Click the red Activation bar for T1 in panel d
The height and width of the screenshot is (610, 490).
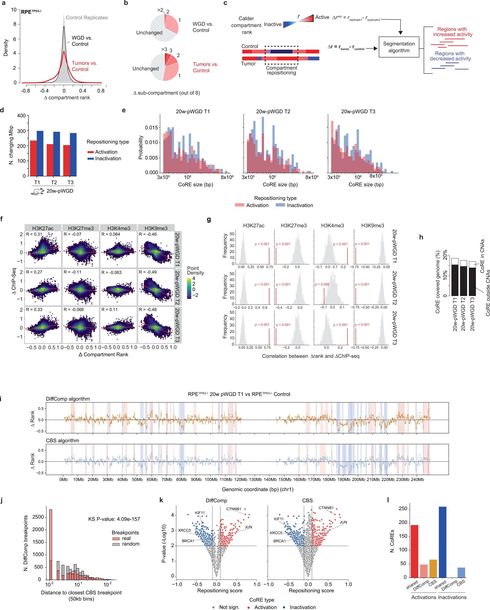(33, 158)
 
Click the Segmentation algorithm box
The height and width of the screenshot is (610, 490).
(399, 47)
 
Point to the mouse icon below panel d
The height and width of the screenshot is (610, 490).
(37, 191)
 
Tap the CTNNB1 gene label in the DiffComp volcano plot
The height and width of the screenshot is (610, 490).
(233, 509)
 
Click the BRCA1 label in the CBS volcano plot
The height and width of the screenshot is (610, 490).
(279, 541)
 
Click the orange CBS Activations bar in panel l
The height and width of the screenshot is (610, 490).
(433, 568)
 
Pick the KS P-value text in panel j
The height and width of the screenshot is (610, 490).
(114, 519)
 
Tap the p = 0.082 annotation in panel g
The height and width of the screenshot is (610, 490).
(322, 284)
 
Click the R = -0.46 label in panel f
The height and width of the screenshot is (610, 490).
(148, 234)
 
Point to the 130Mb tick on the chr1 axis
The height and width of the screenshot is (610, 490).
(255, 479)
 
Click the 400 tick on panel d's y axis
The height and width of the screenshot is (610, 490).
(22, 116)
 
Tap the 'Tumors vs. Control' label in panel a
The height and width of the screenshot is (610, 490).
(84, 66)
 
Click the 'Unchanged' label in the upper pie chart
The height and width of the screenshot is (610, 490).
(149, 33)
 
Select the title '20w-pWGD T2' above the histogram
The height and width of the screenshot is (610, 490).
(273, 111)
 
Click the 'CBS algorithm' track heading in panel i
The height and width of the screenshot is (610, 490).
(63, 441)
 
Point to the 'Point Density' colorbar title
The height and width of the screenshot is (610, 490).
(195, 271)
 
